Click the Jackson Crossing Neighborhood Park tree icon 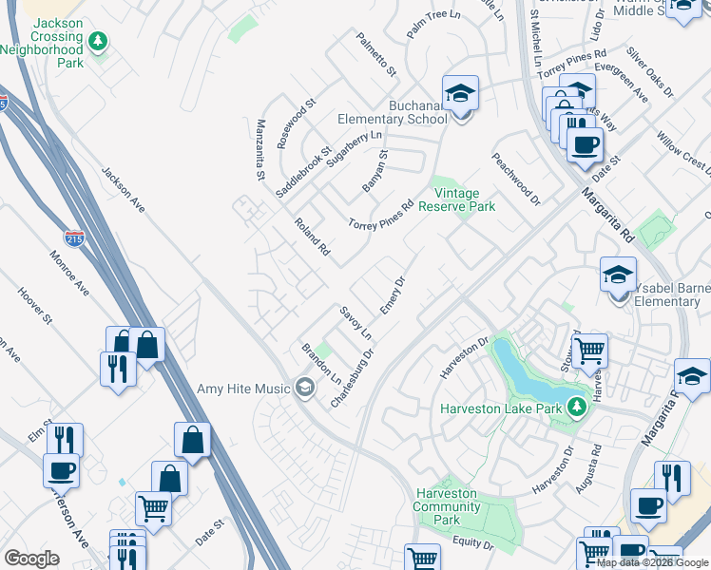[97, 42]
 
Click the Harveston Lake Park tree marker [575, 408]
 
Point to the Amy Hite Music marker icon [304, 388]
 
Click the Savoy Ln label [355, 323]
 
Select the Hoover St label [34, 306]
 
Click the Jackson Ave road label [124, 190]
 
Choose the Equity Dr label [474, 545]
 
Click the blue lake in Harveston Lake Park [532, 375]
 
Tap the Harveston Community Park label [447, 506]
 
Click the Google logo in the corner [31, 559]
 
